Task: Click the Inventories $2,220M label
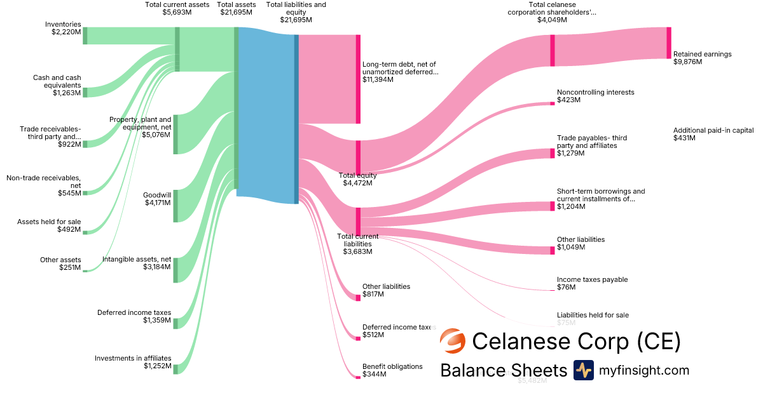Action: click(63, 29)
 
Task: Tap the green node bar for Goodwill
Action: click(175, 206)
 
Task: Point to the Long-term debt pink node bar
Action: click(358, 79)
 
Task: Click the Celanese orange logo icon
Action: click(453, 342)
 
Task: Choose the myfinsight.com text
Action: click(643, 370)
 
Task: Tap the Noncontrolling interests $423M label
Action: click(595, 96)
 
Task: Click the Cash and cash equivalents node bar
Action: click(85, 93)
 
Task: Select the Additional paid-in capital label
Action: click(713, 134)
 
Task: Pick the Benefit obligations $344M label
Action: click(392, 370)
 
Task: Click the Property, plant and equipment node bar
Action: click(175, 134)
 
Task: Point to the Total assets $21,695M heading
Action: click(236, 8)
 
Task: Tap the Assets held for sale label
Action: click(49, 225)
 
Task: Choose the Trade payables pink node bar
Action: click(553, 154)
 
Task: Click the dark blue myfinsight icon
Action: click(583, 370)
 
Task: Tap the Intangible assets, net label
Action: click(137, 263)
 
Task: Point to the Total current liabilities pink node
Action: click(358, 221)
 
